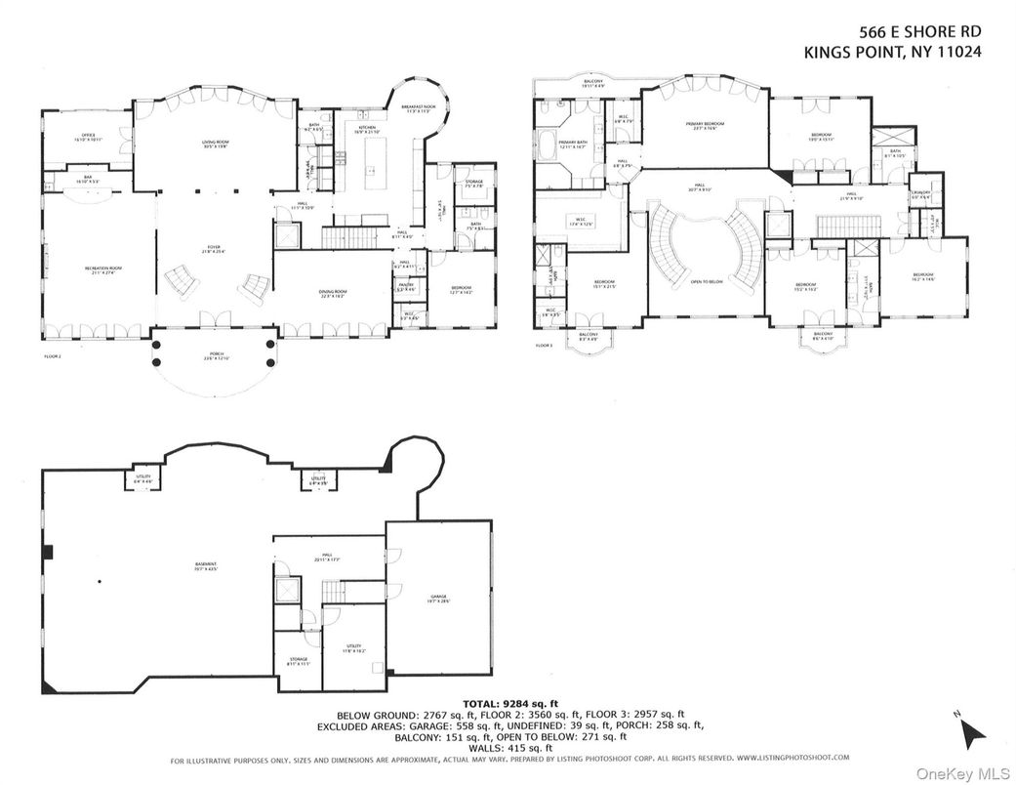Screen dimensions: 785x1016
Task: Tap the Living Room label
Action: (215, 143)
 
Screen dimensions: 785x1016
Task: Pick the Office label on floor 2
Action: (86, 138)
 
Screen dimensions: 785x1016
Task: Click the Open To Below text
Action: (705, 281)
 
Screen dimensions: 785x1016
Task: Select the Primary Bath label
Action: (573, 145)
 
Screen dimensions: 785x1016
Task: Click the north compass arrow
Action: (972, 730)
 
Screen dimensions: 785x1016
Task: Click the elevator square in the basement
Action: (287, 590)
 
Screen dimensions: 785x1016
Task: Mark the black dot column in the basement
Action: (100, 583)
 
